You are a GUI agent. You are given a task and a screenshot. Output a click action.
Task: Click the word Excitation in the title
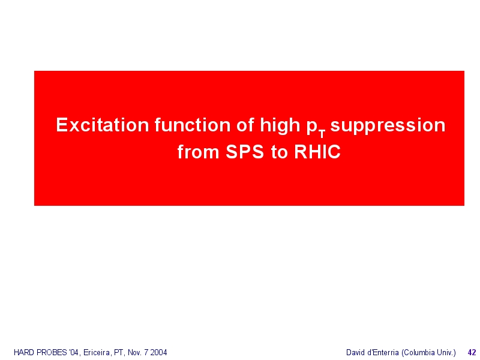coord(102,125)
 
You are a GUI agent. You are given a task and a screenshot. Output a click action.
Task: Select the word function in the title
coord(193,125)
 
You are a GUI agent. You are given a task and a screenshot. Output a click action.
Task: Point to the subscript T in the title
coord(322,133)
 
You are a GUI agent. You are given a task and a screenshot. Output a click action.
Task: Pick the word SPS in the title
coord(245,152)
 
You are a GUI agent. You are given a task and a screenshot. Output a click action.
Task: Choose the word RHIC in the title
coord(317,152)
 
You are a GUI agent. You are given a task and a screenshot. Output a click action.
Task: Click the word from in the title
coord(199,152)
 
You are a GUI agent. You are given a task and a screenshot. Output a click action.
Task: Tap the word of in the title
coord(245,125)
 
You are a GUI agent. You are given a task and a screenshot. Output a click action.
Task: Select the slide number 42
coord(472,352)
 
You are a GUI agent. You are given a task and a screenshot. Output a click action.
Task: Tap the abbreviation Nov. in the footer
coord(134,352)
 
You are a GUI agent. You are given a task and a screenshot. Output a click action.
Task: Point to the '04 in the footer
coord(74,353)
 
